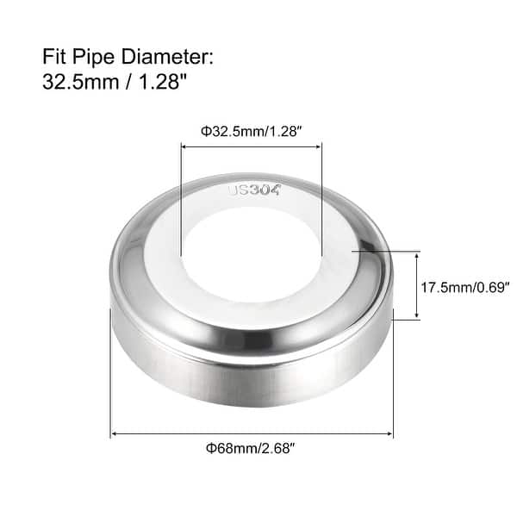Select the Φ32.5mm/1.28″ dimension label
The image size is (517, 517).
tap(250, 131)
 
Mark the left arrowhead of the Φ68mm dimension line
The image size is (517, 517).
tap(114, 433)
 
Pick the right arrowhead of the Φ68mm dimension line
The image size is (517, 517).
tap(390, 433)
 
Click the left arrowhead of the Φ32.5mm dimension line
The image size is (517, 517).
tap(184, 147)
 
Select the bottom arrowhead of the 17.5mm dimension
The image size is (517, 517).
tap(419, 316)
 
